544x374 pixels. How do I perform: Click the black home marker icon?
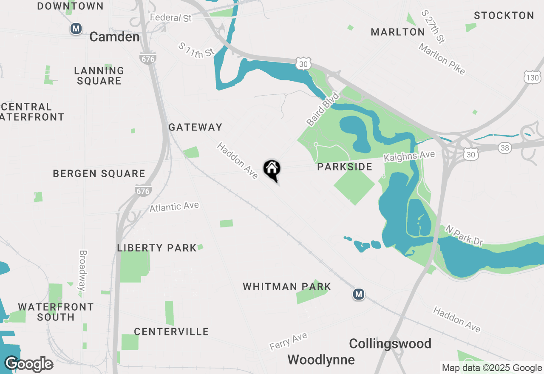(x=272, y=170)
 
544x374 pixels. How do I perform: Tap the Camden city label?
(x=114, y=37)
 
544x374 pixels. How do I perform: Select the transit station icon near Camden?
(x=76, y=29)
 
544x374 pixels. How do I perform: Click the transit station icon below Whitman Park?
(x=359, y=294)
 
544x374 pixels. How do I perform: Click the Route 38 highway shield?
(x=504, y=148)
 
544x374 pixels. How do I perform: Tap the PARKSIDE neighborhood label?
(x=345, y=167)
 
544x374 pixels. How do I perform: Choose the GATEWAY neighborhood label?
(x=195, y=127)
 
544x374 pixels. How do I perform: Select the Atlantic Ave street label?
(x=174, y=207)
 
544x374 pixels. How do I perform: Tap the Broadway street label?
(x=82, y=270)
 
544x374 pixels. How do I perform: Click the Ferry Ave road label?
(x=288, y=341)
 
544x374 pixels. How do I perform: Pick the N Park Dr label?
(x=464, y=235)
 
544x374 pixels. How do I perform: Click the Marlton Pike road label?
(x=442, y=59)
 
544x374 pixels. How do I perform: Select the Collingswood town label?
(x=390, y=343)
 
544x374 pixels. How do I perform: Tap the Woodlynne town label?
(x=321, y=360)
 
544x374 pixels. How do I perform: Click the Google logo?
(x=28, y=364)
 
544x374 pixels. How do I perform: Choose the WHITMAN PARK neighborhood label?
(x=287, y=286)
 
